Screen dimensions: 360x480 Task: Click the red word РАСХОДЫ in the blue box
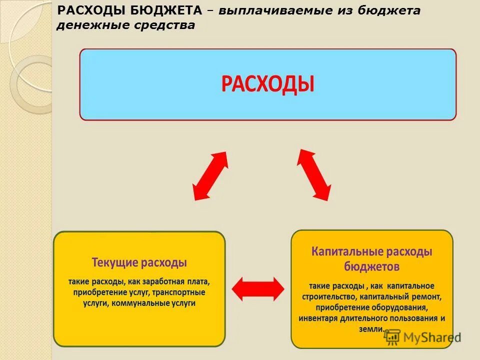268,84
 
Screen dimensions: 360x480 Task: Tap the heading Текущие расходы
139,262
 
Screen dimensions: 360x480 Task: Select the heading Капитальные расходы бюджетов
371,258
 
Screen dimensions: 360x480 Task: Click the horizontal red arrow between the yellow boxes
258,289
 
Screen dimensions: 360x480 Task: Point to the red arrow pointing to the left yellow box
210,176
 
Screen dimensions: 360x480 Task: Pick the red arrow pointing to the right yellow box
314,174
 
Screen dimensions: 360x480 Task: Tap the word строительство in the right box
329,296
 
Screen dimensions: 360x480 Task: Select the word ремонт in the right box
423,296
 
